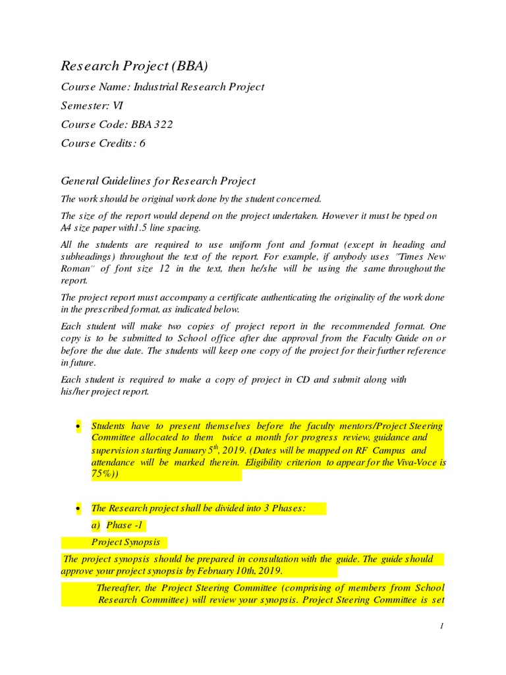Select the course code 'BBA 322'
pos(152,124)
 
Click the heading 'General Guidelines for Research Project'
pos(158,181)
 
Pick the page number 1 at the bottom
pos(443,626)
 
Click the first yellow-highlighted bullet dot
pos(78,426)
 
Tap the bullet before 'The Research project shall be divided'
pos(78,508)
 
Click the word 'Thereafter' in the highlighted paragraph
pos(119,587)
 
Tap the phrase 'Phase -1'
pos(125,525)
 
